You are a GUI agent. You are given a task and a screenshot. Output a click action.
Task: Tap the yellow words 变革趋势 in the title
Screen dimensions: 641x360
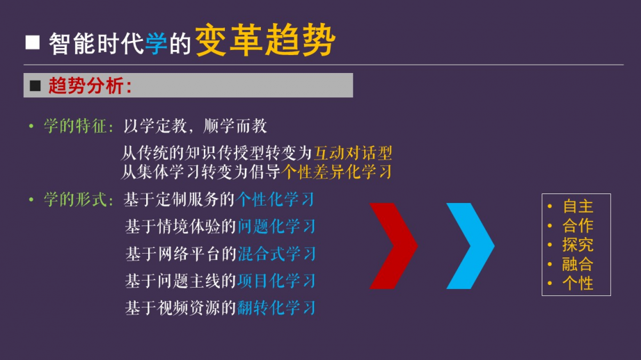pos(265,40)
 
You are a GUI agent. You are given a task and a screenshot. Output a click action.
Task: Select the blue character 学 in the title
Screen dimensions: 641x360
pos(156,43)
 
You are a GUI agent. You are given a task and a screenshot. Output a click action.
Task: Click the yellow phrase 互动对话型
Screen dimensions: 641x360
pos(353,153)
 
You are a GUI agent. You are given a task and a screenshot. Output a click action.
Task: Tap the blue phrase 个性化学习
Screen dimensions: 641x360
pos(276,200)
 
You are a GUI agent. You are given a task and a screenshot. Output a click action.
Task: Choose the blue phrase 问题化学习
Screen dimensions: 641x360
pos(276,226)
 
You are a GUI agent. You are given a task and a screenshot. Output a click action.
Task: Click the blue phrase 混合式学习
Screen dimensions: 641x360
pos(276,254)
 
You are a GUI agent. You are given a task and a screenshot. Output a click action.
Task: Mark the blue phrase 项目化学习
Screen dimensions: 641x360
pos(276,281)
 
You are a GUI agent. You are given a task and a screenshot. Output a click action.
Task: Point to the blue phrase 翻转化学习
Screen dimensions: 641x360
pos(276,307)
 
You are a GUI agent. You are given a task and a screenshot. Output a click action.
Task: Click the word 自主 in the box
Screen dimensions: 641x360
pos(578,206)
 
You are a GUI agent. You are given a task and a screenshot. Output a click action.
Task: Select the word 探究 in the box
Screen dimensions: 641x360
pos(578,245)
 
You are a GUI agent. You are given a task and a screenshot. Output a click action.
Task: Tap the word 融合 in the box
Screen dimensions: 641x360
pos(578,264)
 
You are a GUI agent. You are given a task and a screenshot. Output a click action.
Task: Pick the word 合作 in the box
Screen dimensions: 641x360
pos(578,225)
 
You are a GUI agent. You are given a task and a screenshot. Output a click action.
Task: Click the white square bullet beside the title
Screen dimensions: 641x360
pos(33,42)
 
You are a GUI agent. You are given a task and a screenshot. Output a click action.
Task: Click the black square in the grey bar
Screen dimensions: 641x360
pos(35,85)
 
